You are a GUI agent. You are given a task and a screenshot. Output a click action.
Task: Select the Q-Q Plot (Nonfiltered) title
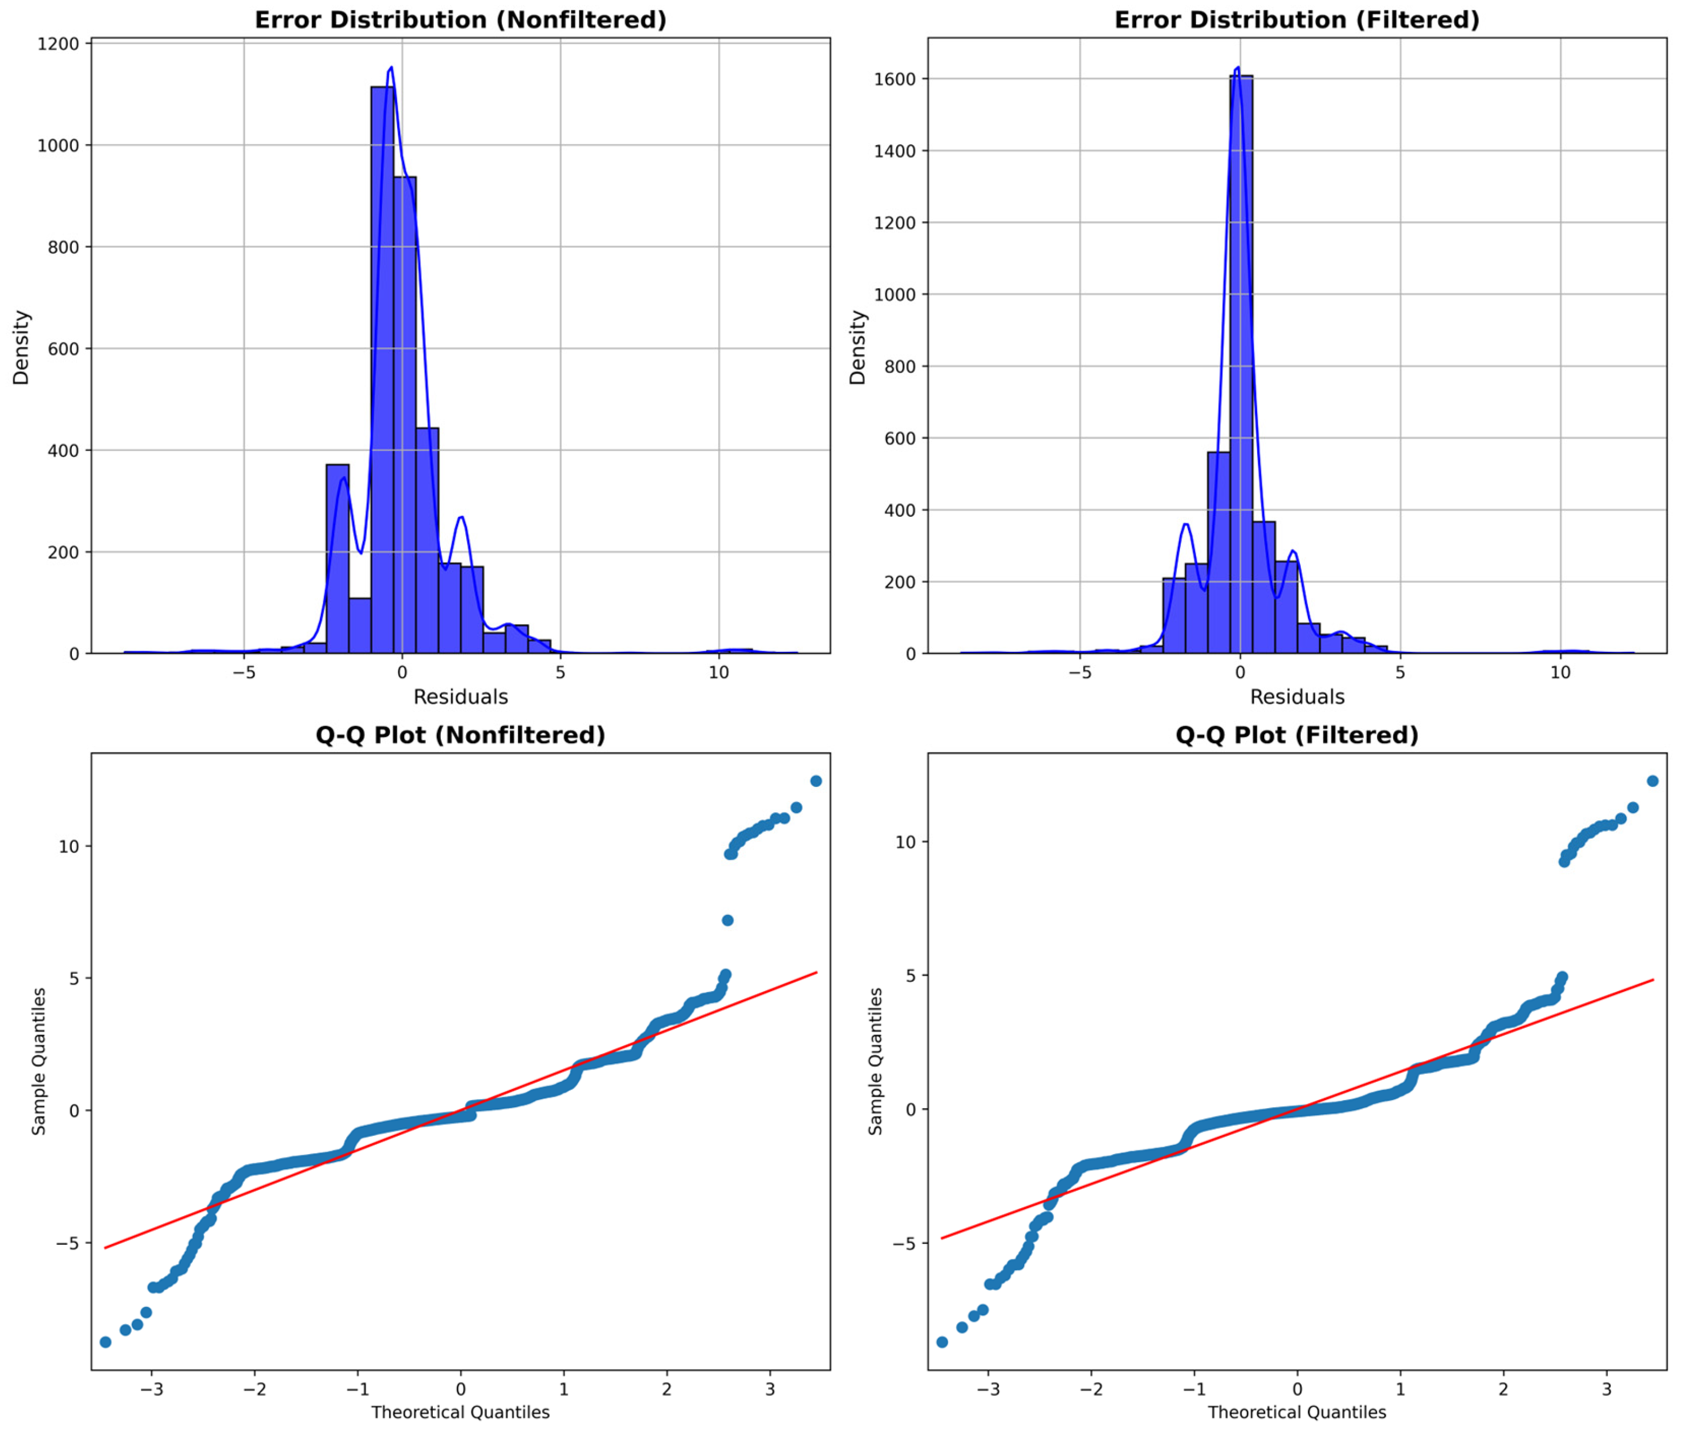pyautogui.click(x=461, y=736)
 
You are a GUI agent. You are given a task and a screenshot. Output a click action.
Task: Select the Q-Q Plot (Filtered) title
pyautogui.click(x=1296, y=736)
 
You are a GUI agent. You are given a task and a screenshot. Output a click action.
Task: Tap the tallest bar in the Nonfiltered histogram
pyautogui.click(x=382, y=366)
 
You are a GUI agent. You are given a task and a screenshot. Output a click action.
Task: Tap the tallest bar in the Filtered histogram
pyautogui.click(x=1241, y=366)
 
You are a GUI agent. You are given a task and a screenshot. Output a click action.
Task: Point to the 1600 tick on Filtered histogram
pyautogui.click(x=894, y=79)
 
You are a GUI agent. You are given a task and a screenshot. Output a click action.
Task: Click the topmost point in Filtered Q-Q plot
pyautogui.click(x=1653, y=781)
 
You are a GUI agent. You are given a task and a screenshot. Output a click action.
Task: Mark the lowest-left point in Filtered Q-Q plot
pyautogui.click(x=942, y=1342)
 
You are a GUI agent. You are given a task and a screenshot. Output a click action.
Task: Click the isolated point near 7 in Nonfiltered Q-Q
pyautogui.click(x=728, y=920)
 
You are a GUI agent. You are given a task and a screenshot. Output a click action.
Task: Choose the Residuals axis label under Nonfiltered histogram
pyautogui.click(x=461, y=697)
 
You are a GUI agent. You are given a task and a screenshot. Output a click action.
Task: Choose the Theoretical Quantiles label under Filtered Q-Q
pyautogui.click(x=1296, y=1412)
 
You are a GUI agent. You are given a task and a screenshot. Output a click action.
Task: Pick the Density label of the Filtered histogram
pyautogui.click(x=858, y=347)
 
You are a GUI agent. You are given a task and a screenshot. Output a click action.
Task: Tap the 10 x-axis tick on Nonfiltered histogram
pyautogui.click(x=718, y=673)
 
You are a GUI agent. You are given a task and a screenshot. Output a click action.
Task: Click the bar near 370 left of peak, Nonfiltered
pyautogui.click(x=338, y=561)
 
